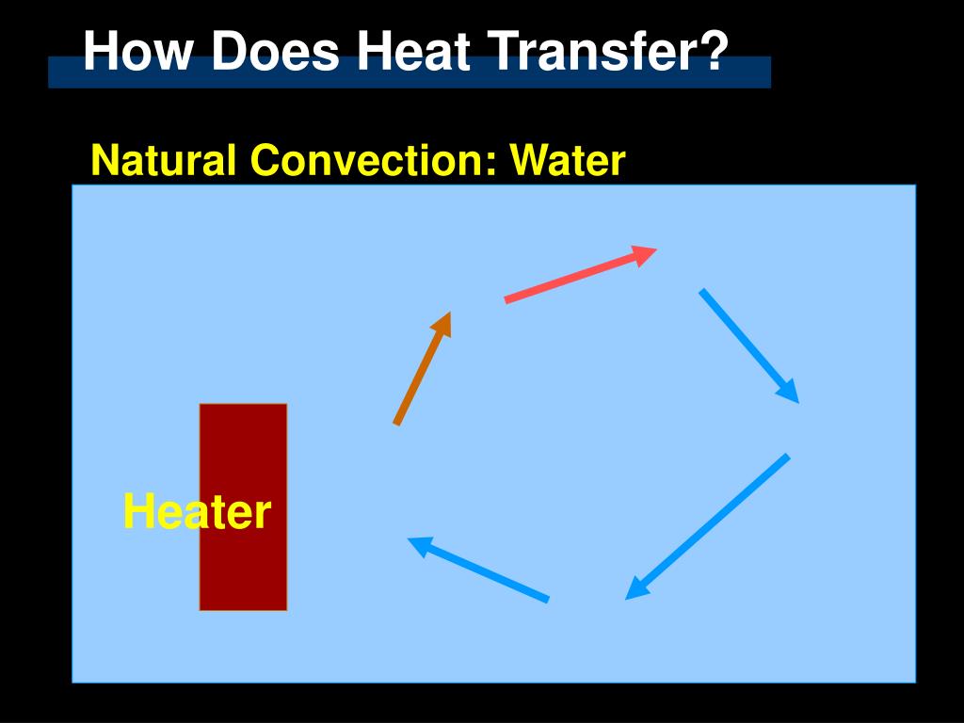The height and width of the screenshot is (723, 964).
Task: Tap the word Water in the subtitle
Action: [568, 161]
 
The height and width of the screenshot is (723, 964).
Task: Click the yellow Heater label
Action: [197, 513]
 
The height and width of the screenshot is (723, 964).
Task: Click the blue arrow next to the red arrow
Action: [747, 344]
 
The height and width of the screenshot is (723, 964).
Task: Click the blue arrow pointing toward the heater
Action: [480, 570]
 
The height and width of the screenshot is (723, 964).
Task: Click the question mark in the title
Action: [715, 51]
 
